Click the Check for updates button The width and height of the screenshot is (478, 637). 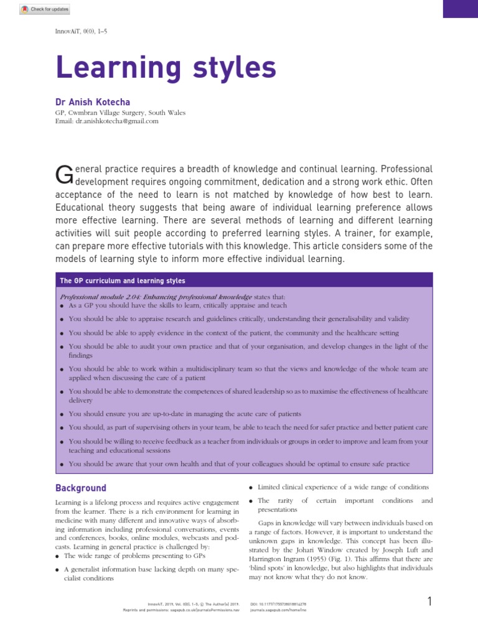(x=45, y=9)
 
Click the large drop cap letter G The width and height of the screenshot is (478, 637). (x=64, y=175)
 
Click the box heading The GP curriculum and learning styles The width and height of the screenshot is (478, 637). (x=122, y=281)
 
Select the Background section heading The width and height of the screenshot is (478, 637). (x=81, y=488)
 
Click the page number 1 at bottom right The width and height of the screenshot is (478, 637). (x=429, y=602)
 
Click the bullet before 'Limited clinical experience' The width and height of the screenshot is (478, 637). (x=251, y=487)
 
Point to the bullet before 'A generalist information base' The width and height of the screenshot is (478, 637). (x=59, y=569)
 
